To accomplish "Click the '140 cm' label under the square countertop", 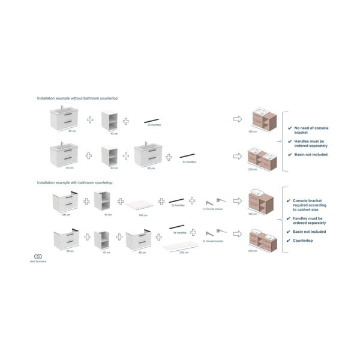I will (143, 214).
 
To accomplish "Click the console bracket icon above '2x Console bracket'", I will (214, 233).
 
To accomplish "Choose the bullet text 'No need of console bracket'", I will (311, 130).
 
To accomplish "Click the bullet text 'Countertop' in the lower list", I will (304, 241).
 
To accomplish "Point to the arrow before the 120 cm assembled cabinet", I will (237, 119).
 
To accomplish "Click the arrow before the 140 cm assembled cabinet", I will (237, 200).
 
